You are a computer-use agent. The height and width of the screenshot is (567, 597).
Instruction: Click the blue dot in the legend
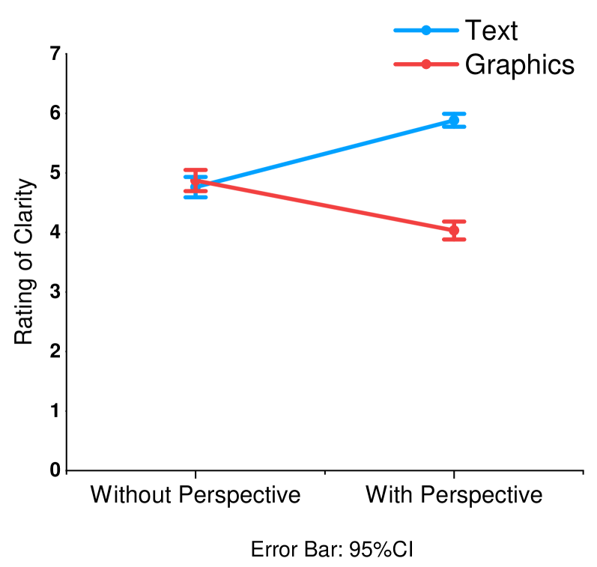pyautogui.click(x=426, y=31)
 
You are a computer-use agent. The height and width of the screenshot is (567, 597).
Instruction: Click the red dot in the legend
pyautogui.click(x=426, y=64)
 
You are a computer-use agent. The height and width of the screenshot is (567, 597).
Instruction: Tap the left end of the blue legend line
pyautogui.click(x=396, y=31)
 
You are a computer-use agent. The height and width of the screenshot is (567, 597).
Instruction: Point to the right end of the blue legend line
pyautogui.click(x=457, y=31)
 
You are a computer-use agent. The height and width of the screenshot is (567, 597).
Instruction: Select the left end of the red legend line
pyautogui.click(x=396, y=64)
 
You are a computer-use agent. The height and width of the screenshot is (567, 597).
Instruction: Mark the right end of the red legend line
pyautogui.click(x=457, y=64)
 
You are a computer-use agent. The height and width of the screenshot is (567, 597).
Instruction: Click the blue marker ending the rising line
pyautogui.click(x=454, y=121)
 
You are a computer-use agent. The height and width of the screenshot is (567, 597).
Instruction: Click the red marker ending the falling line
pyautogui.click(x=454, y=230)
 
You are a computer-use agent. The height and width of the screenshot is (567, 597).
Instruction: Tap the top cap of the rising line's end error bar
pyautogui.click(x=454, y=114)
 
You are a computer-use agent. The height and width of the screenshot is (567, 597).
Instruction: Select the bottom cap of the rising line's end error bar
pyautogui.click(x=454, y=127)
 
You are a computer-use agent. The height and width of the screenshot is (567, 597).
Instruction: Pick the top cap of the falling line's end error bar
pyautogui.click(x=454, y=221)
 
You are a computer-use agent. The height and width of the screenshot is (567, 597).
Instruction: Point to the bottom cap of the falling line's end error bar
pyautogui.click(x=454, y=240)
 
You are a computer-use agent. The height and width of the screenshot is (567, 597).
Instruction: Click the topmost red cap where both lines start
pyautogui.click(x=196, y=170)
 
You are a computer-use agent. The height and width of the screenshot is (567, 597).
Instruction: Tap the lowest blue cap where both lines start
pyautogui.click(x=196, y=198)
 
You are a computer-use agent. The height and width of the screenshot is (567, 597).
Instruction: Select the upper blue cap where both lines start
pyautogui.click(x=196, y=178)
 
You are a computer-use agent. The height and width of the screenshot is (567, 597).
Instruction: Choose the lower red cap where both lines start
pyautogui.click(x=196, y=191)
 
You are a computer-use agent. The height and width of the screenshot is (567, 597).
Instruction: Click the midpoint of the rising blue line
pyautogui.click(x=324, y=152)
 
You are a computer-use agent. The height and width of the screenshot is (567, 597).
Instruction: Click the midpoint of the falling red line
pyautogui.click(x=324, y=206)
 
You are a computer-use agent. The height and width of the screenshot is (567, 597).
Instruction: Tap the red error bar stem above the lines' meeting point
pyautogui.click(x=196, y=175)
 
